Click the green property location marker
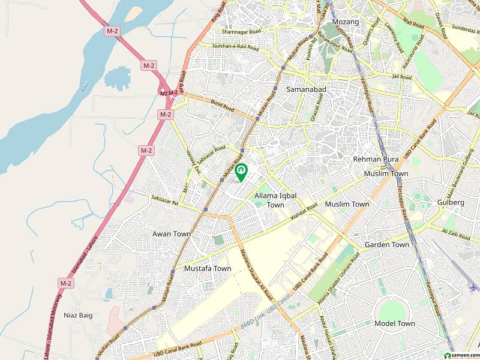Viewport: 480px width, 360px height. tap(242, 172)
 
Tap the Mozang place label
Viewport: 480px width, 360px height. tap(346, 22)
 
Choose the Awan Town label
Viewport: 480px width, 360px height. tap(171, 234)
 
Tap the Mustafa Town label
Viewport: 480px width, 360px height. tap(208, 269)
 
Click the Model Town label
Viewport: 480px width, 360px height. tap(394, 323)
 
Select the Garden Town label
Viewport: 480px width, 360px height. tap(387, 245)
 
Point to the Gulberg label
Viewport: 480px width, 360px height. tap(451, 203)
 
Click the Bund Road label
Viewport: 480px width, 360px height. tap(223, 106)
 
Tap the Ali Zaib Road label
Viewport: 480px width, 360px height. tap(454, 231)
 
